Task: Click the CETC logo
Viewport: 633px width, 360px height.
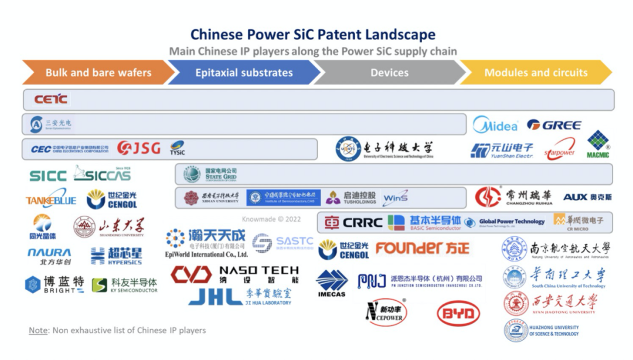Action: coord(51,99)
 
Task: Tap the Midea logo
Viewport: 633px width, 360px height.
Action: coord(495,125)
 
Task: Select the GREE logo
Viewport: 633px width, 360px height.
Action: coord(554,125)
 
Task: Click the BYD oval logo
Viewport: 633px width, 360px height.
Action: coord(458,314)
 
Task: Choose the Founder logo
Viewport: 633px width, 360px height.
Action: coord(422,248)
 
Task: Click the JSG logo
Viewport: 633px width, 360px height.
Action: coord(138,148)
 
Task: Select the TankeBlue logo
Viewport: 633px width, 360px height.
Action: coord(51,200)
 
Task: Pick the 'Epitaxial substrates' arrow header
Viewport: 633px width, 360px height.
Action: coord(244,73)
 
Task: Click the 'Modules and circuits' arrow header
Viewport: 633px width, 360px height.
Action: coord(536,73)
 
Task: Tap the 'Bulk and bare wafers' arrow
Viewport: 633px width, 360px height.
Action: coord(98,73)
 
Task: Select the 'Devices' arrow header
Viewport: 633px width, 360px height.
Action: coord(389,73)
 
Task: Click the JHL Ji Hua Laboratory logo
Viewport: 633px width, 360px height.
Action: coord(240,297)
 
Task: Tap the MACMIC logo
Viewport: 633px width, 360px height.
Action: coord(598,145)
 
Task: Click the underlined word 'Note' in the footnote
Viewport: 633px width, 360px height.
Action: coord(38,330)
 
